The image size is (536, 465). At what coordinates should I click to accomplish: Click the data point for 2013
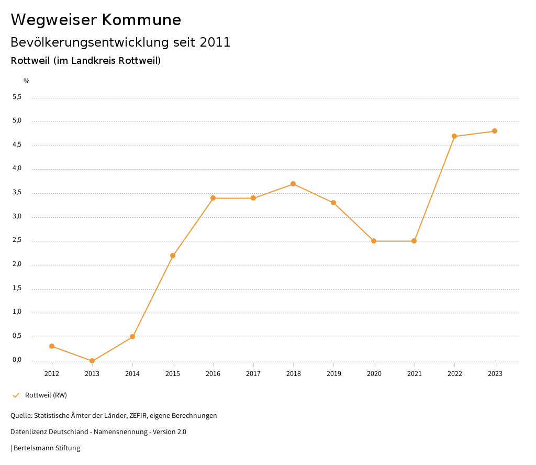point(92,361)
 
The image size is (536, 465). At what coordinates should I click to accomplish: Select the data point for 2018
point(293,184)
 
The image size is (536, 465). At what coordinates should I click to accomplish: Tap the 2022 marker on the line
point(454,136)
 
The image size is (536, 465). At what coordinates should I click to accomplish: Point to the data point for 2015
point(173,256)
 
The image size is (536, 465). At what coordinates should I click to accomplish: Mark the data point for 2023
point(495,131)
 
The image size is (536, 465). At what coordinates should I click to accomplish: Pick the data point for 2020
point(374,241)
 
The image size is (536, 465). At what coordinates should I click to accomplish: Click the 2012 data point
point(52,346)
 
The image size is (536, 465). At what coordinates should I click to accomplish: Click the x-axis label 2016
point(213,374)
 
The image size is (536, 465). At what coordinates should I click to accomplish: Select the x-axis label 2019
point(333,374)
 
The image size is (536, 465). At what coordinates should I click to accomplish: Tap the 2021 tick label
point(414,374)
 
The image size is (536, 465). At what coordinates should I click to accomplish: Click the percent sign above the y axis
point(27,81)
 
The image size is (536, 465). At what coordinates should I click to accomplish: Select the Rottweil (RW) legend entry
point(46,395)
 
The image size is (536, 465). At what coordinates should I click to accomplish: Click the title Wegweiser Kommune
point(96,20)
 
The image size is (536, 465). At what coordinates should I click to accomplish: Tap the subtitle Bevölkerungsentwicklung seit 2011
point(120,42)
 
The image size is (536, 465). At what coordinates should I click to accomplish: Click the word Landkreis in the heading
point(94,61)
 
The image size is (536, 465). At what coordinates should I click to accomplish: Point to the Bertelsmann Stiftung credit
point(47,448)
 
